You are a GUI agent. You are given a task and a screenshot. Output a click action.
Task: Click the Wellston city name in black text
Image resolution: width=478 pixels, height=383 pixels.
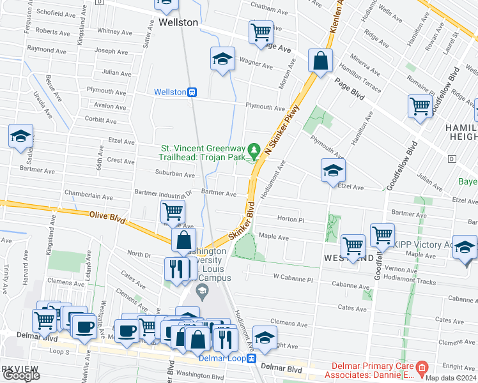[x=178, y=22]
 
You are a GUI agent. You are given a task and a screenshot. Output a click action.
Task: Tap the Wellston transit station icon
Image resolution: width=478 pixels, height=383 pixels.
[x=192, y=92]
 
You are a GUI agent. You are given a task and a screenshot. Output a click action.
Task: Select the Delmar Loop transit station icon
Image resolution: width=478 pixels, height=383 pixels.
[x=252, y=358]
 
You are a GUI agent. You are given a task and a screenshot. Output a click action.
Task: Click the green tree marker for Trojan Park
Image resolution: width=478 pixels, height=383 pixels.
[x=254, y=150]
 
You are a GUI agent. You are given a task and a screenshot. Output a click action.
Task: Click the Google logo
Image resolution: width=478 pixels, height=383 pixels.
[x=21, y=375]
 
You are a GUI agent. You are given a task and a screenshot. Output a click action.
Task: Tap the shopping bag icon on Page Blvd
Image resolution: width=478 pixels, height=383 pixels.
[x=320, y=61]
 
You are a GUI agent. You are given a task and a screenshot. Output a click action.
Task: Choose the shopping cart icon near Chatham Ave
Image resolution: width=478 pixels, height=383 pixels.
[x=261, y=31]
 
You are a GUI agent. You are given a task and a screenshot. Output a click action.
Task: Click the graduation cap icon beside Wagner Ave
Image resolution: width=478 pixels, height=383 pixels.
[x=222, y=59]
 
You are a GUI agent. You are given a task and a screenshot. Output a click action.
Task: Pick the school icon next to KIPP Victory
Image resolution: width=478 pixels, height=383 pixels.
[x=465, y=247]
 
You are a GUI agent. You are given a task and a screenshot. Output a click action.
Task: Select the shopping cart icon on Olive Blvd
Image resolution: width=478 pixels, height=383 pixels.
[x=173, y=210]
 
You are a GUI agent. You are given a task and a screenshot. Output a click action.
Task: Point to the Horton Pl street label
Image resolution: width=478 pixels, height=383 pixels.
[x=288, y=219]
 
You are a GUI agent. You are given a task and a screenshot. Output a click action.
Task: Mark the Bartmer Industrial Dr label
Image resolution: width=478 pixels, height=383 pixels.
[x=163, y=191]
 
